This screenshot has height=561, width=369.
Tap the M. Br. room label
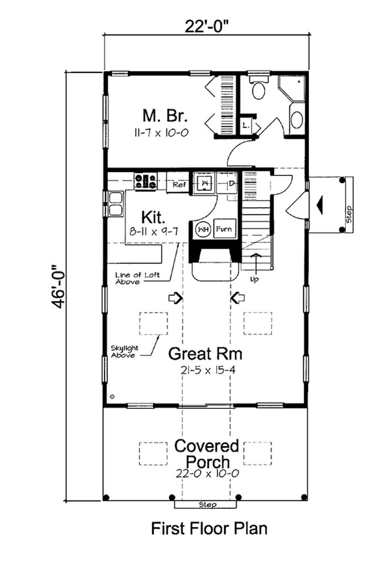click(160, 115)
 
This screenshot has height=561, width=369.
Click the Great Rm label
click(205, 354)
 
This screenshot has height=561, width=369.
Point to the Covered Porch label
click(207, 454)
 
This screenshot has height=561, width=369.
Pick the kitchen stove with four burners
click(145, 180)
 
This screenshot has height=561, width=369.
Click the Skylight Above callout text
click(124, 352)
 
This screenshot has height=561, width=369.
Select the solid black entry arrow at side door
click(320, 204)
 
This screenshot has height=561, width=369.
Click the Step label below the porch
click(207, 505)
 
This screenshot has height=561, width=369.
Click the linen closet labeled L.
click(245, 125)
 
